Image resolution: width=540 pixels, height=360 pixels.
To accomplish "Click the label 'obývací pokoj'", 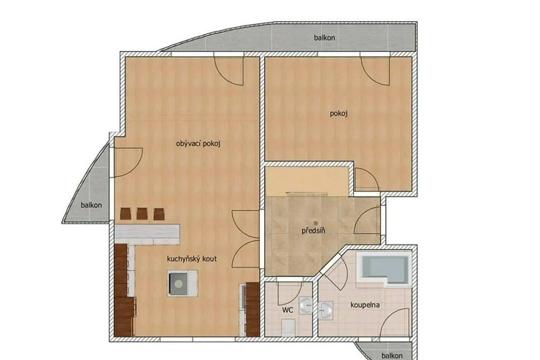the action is (x=198, y=144).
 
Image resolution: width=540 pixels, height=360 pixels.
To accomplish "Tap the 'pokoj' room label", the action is (x=339, y=113).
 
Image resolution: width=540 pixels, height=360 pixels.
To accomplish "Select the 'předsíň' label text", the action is (x=313, y=231).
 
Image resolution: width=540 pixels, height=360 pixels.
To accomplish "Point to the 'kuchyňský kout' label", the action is (x=192, y=258).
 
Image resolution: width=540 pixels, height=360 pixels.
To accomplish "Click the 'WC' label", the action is (x=288, y=310).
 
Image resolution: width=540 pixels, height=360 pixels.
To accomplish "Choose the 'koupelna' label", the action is (x=365, y=305).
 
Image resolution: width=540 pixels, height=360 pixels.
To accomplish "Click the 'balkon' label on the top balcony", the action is (x=325, y=37).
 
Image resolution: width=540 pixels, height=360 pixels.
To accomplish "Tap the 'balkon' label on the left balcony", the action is (x=91, y=205).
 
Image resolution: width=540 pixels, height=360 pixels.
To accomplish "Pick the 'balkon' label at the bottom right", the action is (x=392, y=356).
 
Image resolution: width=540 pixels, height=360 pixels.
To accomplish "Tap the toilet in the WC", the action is (x=288, y=328).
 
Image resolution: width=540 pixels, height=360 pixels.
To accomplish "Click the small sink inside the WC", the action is (x=306, y=305).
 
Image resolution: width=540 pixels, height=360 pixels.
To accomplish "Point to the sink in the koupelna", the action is (x=325, y=310).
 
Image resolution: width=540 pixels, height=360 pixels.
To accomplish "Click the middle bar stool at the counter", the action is (x=142, y=213).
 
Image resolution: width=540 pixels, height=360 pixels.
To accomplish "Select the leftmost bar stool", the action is (x=126, y=213).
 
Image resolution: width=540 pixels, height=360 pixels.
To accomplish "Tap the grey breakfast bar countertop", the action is (x=147, y=234).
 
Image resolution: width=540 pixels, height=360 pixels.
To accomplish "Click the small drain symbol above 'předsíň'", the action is (x=315, y=223).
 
